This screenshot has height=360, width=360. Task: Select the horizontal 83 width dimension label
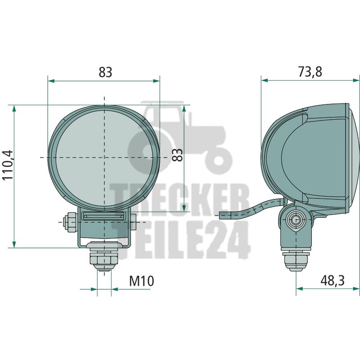pyautogui.click(x=105, y=72)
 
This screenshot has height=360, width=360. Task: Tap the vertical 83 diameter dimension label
pyautogui.click(x=177, y=155)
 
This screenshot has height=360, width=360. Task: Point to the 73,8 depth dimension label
pyautogui.click(x=310, y=72)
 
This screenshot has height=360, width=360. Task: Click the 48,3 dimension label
pyautogui.click(x=333, y=280)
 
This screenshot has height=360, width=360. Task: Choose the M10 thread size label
pyautogui.click(x=141, y=281)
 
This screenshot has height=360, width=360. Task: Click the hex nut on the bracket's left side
pyautogui.click(x=70, y=222)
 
